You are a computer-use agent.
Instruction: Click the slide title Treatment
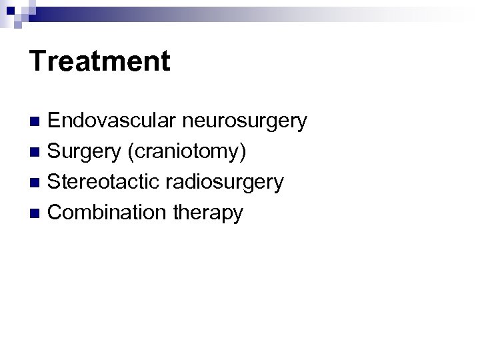click(100, 61)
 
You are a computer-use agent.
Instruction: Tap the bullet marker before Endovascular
click(36, 122)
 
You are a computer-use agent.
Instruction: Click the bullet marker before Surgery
click(36, 153)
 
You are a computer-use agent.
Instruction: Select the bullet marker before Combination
click(36, 213)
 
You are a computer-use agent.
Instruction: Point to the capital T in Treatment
click(38, 61)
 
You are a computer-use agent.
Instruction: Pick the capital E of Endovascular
click(55, 121)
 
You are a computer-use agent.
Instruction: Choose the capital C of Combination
click(56, 213)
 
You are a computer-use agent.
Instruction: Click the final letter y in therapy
click(238, 215)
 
